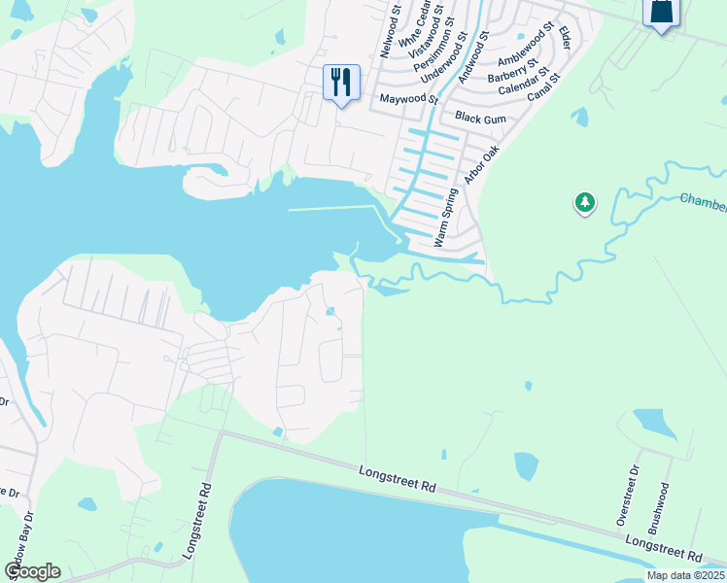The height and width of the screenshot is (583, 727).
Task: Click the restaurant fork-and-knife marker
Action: [340, 82]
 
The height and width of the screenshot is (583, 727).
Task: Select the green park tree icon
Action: [584, 203]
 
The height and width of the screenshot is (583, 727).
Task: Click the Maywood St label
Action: [410, 98]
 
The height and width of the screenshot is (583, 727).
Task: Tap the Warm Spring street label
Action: [444, 217]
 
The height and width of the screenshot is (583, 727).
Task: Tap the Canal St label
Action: [543, 86]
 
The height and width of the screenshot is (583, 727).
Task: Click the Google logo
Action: [32, 571]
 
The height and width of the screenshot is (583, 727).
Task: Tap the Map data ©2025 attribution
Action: [686, 575]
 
